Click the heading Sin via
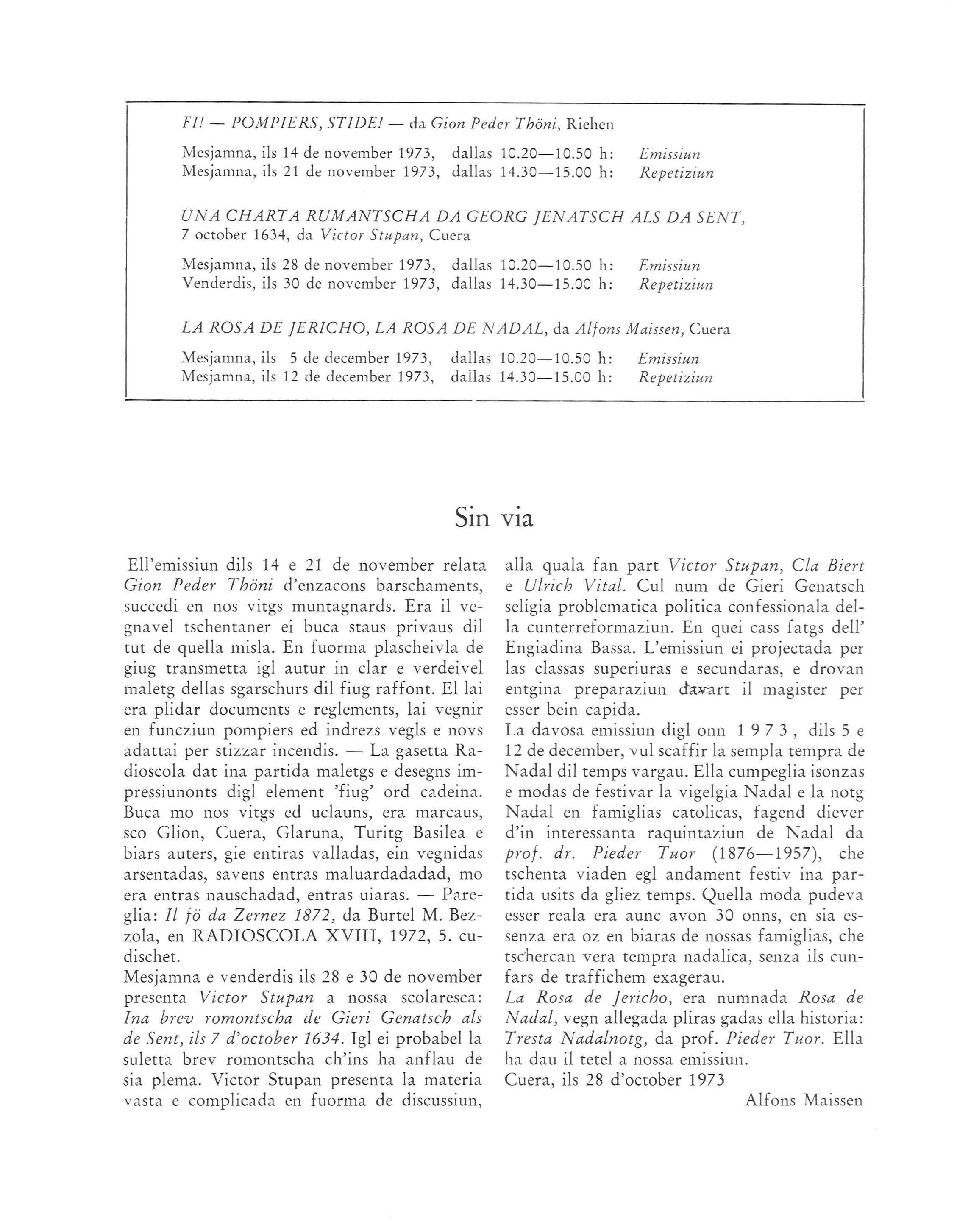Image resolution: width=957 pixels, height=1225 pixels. pyautogui.click(x=494, y=519)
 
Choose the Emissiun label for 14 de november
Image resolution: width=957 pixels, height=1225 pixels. pyautogui.click(x=669, y=154)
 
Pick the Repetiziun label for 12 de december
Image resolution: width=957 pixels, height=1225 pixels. pyautogui.click(x=676, y=378)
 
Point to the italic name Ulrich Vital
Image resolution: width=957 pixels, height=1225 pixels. pyautogui.click(x=574, y=586)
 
